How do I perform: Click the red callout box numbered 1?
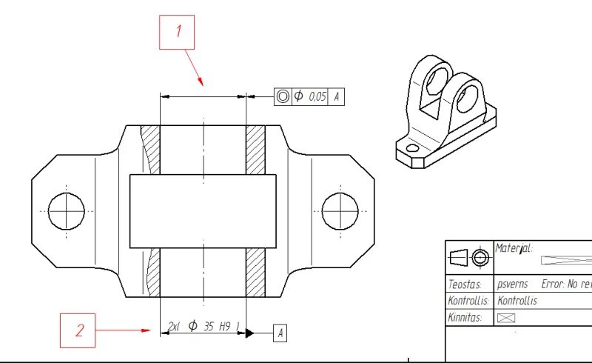click(178, 32)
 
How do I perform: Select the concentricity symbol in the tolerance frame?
click(283, 96)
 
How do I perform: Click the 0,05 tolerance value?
click(316, 96)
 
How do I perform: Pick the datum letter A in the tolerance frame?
click(337, 96)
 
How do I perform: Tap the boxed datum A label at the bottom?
click(280, 333)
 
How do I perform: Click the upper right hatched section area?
click(255, 150)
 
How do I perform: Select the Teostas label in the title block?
click(465, 284)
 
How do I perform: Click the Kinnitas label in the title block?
click(466, 317)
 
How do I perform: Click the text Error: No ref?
click(566, 284)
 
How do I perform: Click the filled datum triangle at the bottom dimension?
click(250, 333)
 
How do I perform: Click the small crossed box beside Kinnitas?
click(506, 317)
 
